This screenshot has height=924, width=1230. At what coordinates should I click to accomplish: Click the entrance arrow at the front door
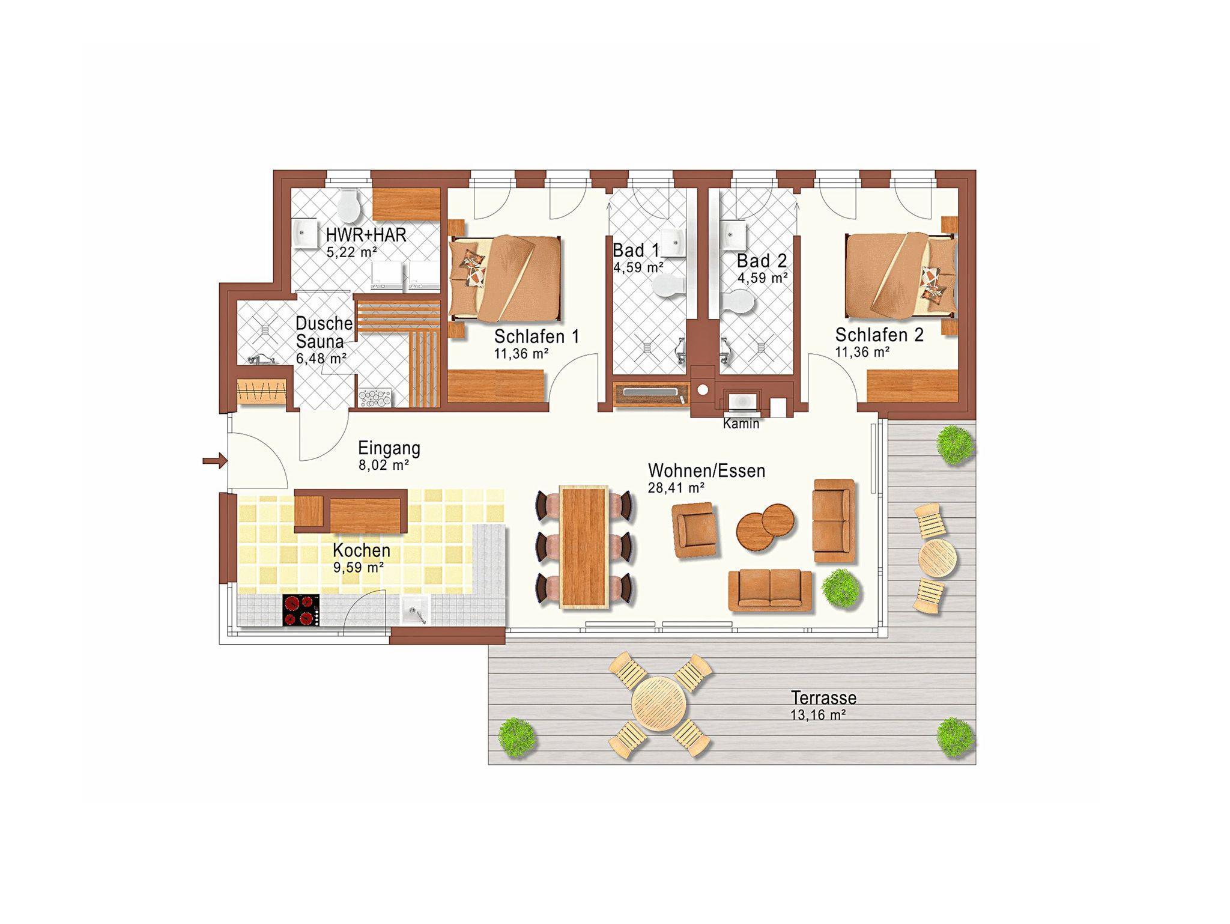coord(214,461)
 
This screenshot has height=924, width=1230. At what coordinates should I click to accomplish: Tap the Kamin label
coord(741,424)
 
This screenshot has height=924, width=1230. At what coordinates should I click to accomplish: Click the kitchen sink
coord(416,611)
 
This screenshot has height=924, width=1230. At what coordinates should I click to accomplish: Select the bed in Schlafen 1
coord(505,278)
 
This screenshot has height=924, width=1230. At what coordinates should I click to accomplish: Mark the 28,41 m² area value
coord(676,488)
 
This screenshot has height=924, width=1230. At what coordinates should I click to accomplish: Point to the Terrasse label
coord(823,698)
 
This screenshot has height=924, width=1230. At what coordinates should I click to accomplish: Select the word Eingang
coord(389,448)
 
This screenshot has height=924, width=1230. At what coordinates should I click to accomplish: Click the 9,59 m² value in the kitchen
coord(359,567)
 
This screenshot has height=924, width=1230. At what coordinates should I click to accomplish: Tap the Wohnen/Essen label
coord(707,470)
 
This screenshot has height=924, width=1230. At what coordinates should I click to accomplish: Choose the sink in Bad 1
coord(674,242)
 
